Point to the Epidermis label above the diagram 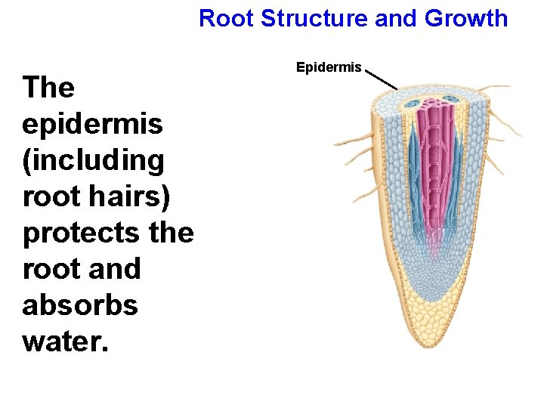[x=329, y=68]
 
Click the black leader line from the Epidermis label [x=382, y=79]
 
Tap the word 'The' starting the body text [x=49, y=88]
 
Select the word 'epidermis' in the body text [x=92, y=124]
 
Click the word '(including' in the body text [x=94, y=160]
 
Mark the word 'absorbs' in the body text [x=80, y=305]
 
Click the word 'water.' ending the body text [x=66, y=342]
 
